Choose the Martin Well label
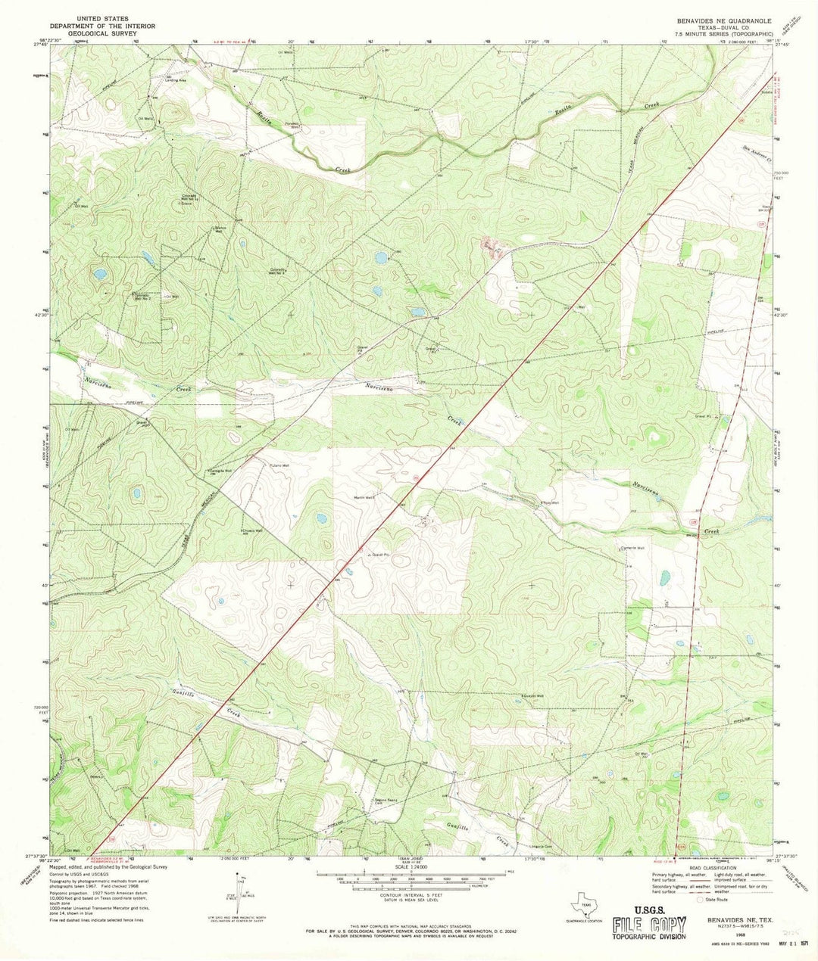tap(364, 497)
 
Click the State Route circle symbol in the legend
tap(699, 900)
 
